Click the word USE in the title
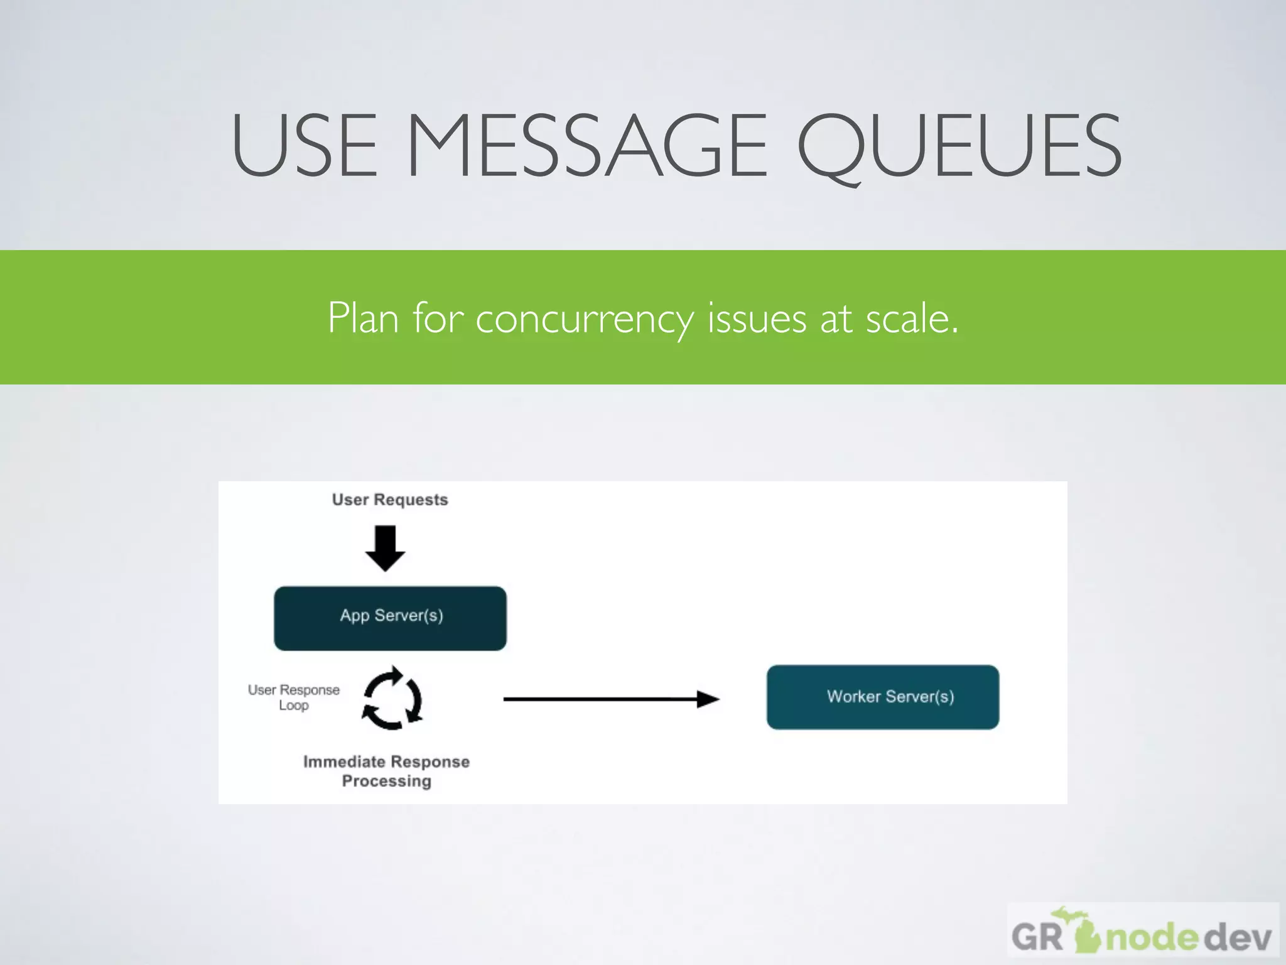pyautogui.click(x=305, y=145)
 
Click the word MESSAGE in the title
pyautogui.click(x=587, y=145)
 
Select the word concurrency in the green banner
pyautogui.click(x=584, y=318)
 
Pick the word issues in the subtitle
pyautogui.click(x=757, y=318)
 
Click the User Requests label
pyautogui.click(x=390, y=499)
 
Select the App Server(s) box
pyautogui.click(x=390, y=618)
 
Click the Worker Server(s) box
pyautogui.click(x=882, y=697)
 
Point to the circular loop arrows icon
pyautogui.click(x=392, y=698)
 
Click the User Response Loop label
pyautogui.click(x=293, y=697)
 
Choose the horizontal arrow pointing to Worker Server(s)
pyautogui.click(x=603, y=699)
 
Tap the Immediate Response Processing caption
pyautogui.click(x=386, y=771)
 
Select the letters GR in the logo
pyautogui.click(x=1036, y=937)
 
